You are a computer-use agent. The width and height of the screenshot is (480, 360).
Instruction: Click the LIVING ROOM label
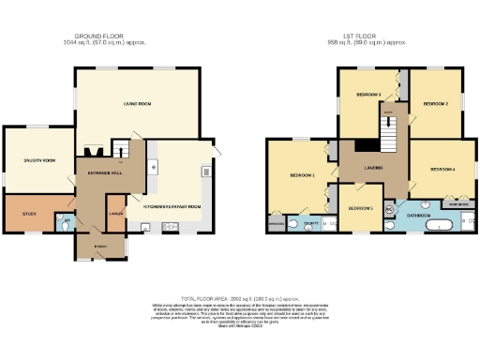[138, 104]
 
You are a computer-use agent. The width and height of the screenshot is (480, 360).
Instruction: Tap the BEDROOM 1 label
[301, 175]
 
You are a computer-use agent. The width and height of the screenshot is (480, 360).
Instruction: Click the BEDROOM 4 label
[442, 170]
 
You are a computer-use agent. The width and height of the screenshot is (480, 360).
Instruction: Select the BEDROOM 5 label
[360, 208]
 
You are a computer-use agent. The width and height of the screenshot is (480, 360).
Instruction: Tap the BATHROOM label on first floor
[418, 216]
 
